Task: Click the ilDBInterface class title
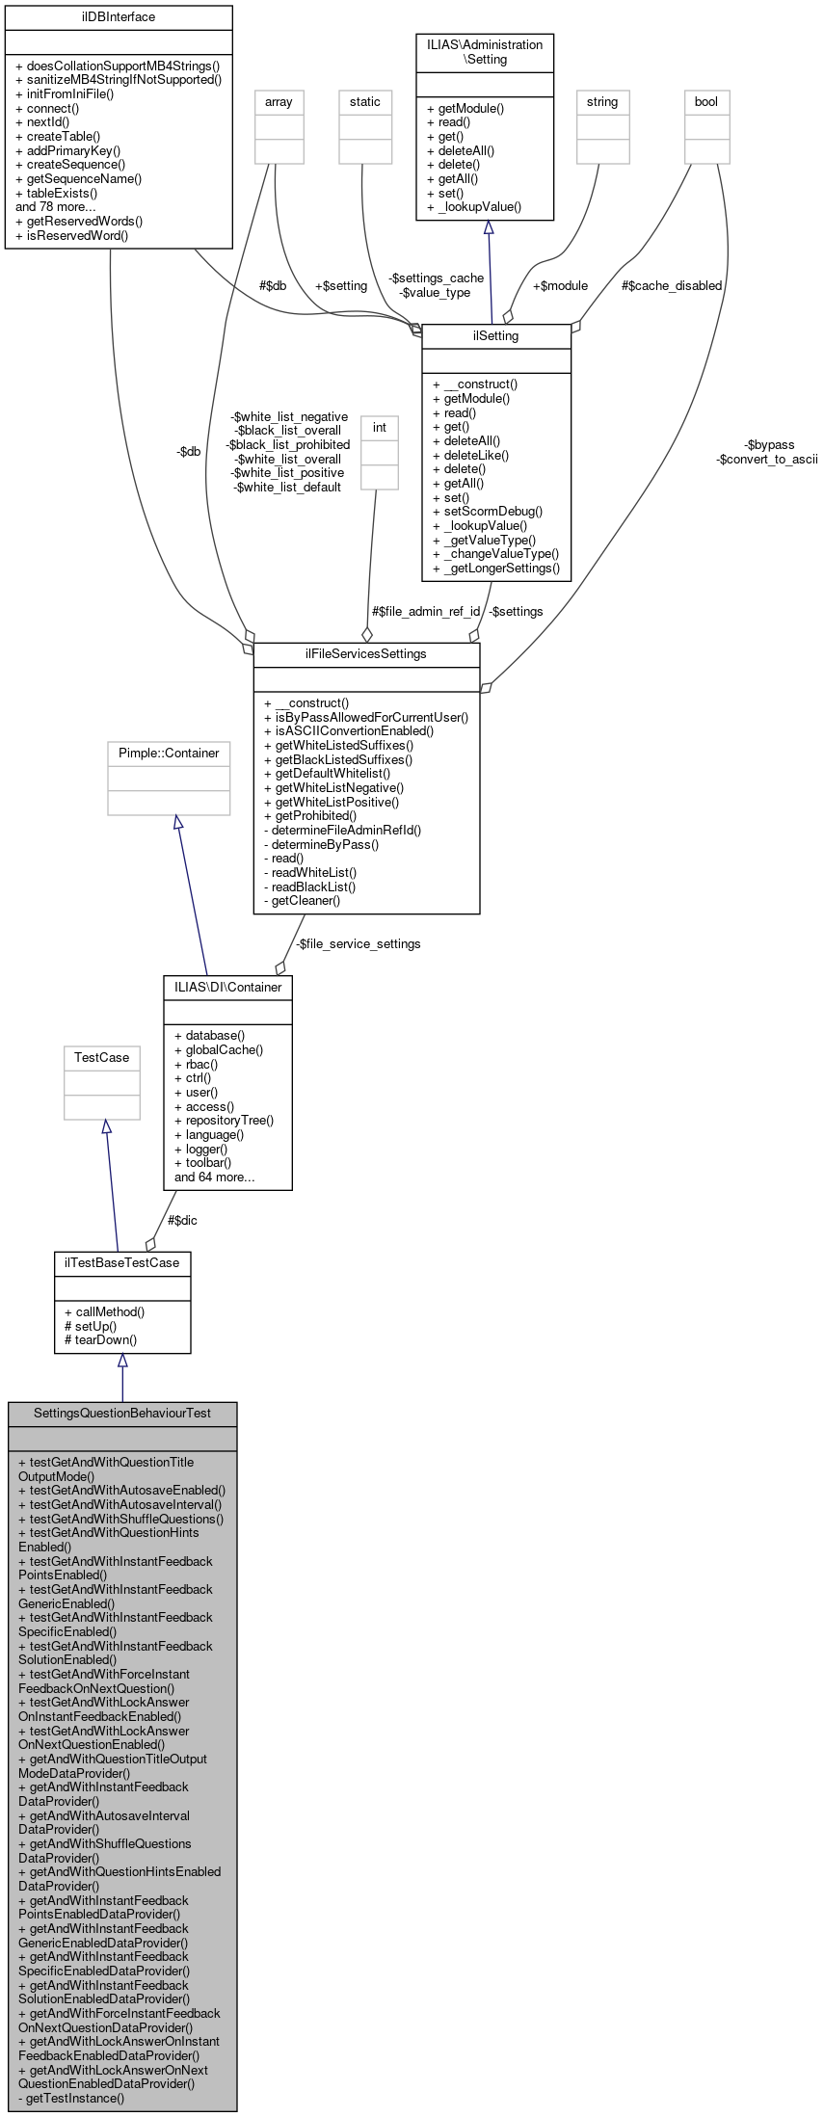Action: [119, 17]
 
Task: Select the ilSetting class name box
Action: [496, 336]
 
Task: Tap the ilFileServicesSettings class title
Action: [366, 654]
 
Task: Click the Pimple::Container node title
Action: [169, 754]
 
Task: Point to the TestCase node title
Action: [101, 1058]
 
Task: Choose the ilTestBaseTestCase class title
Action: [122, 1262]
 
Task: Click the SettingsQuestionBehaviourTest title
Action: [122, 1414]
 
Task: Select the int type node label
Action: [380, 428]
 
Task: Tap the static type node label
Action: [365, 102]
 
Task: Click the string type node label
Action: [602, 102]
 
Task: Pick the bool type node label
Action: [706, 102]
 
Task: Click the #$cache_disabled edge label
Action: [672, 286]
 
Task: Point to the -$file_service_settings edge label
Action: [358, 944]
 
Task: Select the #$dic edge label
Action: [182, 1221]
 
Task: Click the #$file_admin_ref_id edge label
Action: [426, 612]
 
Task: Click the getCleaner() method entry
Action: [302, 901]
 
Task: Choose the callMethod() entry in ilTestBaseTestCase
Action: [104, 1312]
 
